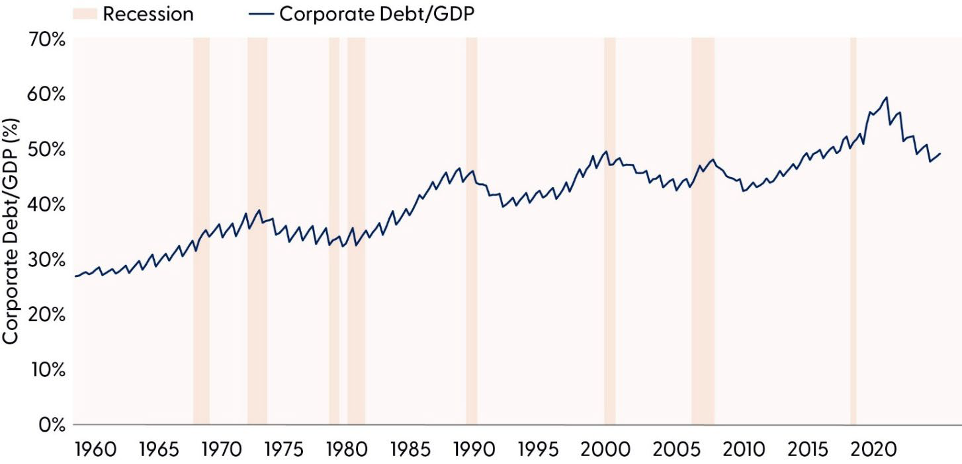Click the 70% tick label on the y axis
(46, 41)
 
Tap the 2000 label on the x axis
(603, 450)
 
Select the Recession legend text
(148, 14)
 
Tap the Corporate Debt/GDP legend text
(377, 14)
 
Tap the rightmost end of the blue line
(941, 153)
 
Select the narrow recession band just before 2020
(853, 231)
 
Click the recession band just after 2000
(609, 231)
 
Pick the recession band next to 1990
(471, 231)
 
